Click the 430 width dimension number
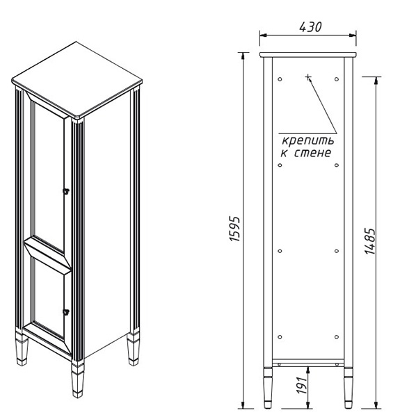[x=310, y=27]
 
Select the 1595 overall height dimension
[x=234, y=229]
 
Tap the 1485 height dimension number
[x=370, y=241]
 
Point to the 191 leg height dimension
[x=301, y=385]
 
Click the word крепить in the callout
[x=308, y=141]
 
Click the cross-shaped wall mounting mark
[x=308, y=77]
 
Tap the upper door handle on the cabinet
[x=65, y=191]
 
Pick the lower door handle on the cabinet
[x=65, y=311]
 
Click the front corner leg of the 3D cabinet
[x=77, y=379]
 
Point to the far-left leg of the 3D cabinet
[x=22, y=348]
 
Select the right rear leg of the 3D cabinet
[x=133, y=348]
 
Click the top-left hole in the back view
[x=280, y=79]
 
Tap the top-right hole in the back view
[x=337, y=79]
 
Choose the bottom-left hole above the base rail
[x=280, y=337]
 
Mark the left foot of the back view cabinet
[x=268, y=388]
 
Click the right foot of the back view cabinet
[x=349, y=388]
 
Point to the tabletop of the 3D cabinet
[x=77, y=81]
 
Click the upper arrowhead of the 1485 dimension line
[x=376, y=81]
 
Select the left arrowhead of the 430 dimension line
[x=264, y=35]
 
